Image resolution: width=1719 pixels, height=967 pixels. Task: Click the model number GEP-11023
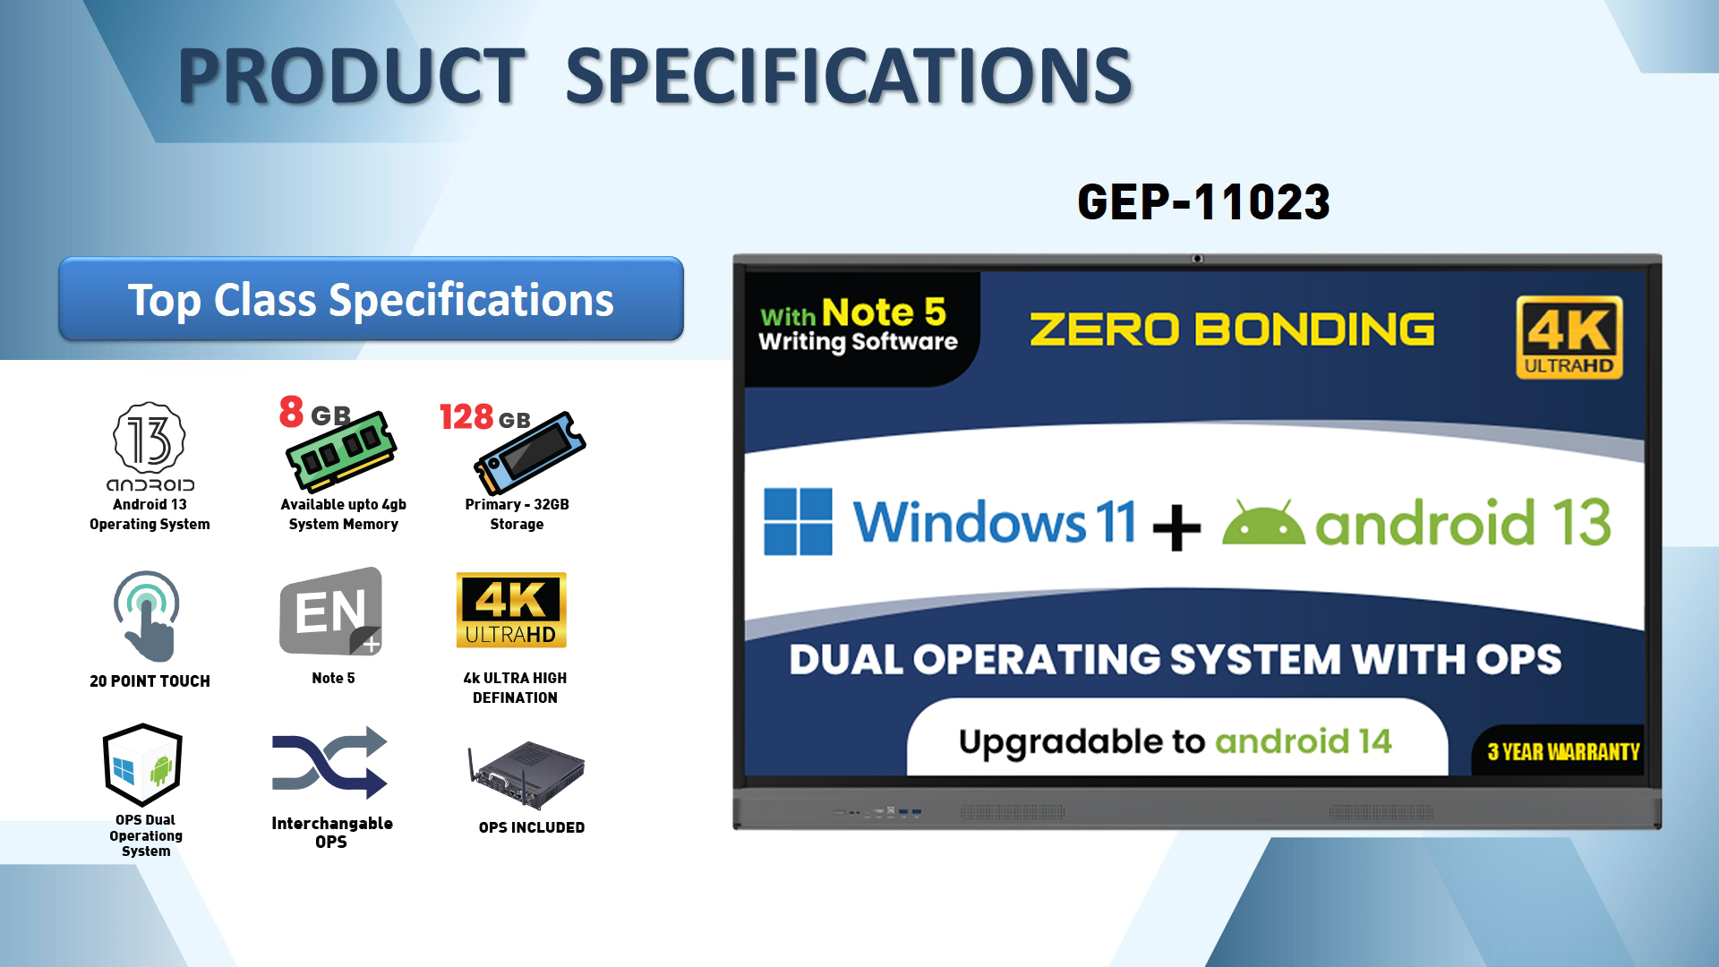pyautogui.click(x=1203, y=201)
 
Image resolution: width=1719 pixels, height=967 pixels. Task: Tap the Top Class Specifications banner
pyautogui.click(x=371, y=299)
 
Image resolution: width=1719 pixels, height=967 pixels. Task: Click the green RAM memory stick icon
pyautogui.click(x=341, y=451)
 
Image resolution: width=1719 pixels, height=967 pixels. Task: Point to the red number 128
pyautogui.click(x=466, y=416)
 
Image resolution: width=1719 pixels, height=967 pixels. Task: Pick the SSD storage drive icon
pyautogui.click(x=530, y=453)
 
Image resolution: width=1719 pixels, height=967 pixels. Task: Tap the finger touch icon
pyautogui.click(x=147, y=617)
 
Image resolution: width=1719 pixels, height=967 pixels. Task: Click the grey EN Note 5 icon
pyautogui.click(x=331, y=612)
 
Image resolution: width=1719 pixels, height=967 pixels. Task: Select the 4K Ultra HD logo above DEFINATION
pyautogui.click(x=511, y=610)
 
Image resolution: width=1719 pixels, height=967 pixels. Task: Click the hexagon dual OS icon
pyautogui.click(x=143, y=765)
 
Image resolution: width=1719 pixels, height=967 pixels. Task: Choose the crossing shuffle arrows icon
pyautogui.click(x=329, y=762)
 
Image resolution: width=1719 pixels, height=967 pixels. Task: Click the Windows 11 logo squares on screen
pyautogui.click(x=798, y=521)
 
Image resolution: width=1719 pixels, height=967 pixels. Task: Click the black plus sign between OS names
pyautogui.click(x=1176, y=527)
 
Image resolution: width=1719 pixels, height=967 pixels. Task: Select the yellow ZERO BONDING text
pyautogui.click(x=1232, y=329)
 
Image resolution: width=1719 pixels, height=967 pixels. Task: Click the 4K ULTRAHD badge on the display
pyautogui.click(x=1569, y=338)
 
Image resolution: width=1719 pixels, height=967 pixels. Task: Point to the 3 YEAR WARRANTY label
pyautogui.click(x=1563, y=752)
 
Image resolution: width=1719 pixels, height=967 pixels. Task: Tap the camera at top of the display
pyautogui.click(x=1197, y=259)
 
